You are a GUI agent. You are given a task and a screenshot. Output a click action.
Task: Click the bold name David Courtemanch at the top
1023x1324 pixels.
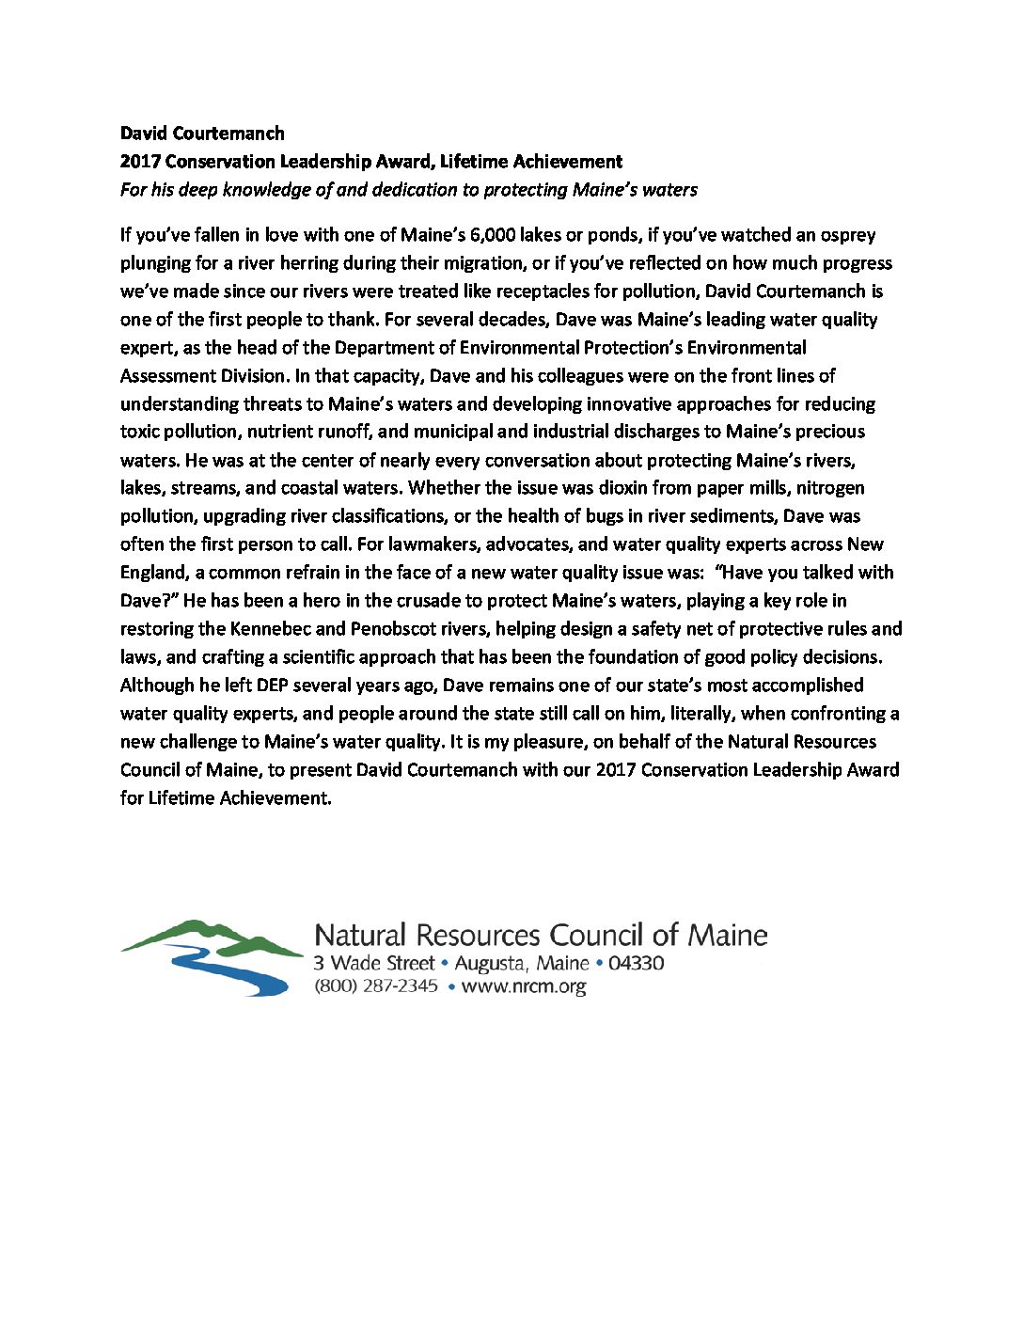(202, 134)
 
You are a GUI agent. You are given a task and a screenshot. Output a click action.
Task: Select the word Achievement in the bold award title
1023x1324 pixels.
(570, 162)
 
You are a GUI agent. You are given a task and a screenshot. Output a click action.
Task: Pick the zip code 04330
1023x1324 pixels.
(637, 964)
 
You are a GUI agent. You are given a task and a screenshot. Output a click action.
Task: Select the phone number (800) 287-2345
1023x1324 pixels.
(376, 986)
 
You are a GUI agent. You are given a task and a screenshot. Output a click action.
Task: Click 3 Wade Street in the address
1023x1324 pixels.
(374, 964)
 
